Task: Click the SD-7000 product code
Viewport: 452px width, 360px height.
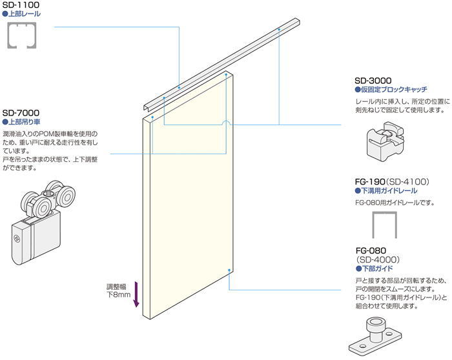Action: tap(21, 112)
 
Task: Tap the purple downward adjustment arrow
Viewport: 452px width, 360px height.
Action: tap(136, 294)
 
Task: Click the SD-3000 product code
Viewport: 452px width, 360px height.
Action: tap(374, 80)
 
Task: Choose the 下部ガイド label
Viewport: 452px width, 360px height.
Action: tap(376, 268)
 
